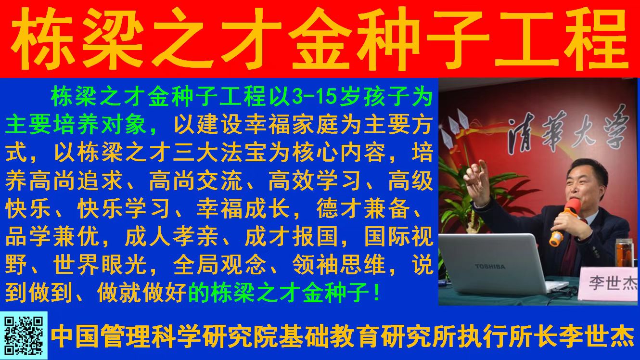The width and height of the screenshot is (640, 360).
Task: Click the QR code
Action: click(x=24, y=335)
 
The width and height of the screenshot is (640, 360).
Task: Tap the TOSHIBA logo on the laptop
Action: click(x=490, y=267)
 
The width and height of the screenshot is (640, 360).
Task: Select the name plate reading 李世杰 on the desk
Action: click(x=609, y=283)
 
